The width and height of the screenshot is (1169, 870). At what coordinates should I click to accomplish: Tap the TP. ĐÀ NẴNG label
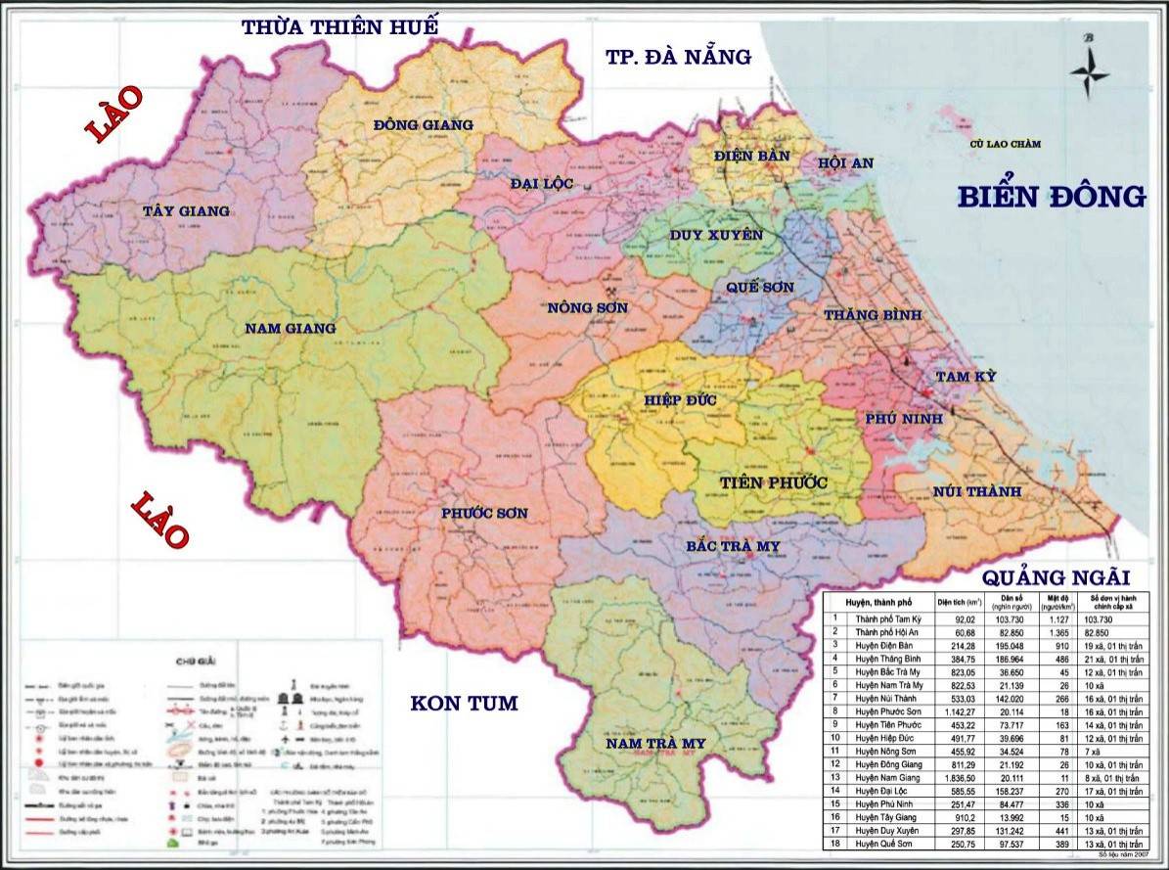click(x=678, y=57)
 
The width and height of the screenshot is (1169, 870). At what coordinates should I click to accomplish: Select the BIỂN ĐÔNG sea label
click(x=1051, y=197)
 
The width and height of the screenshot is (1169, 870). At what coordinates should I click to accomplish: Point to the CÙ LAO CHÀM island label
click(x=1006, y=144)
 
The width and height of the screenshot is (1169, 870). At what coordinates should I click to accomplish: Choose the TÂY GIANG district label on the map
click(x=186, y=210)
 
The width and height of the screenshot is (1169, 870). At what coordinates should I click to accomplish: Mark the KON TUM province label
click(x=464, y=703)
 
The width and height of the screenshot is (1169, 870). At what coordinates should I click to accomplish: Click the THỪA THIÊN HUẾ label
click(x=340, y=26)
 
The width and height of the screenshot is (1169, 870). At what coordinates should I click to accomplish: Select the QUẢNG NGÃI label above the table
click(x=1057, y=577)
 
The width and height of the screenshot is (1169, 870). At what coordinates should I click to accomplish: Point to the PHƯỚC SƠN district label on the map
click(x=484, y=513)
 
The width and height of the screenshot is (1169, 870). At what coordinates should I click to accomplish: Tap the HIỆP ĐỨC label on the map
click(x=681, y=401)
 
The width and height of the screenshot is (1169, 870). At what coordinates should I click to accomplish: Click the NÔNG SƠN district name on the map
click(x=588, y=308)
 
